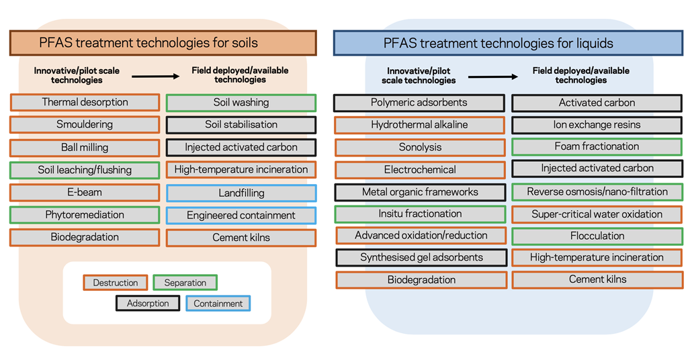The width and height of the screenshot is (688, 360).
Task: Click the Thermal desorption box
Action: [85, 103]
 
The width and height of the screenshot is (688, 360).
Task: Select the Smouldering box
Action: [85, 125]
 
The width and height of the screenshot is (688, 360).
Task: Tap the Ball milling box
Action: [85, 148]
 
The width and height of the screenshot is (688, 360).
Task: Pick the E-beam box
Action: [85, 193]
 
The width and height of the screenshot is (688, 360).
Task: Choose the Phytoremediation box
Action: [85, 215]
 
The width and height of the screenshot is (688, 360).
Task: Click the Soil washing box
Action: [241, 103]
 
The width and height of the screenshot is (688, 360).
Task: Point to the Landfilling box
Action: [241, 193]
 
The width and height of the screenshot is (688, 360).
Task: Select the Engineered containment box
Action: [241, 216]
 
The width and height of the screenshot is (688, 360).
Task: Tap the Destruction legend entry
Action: [116, 283]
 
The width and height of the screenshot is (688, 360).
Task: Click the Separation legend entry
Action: [185, 283]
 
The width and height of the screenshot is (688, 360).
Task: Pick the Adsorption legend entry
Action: [148, 304]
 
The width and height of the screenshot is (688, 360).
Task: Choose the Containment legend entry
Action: [218, 304]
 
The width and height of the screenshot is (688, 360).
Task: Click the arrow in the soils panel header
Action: [155, 76]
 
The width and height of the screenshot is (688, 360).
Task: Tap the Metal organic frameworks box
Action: [420, 192]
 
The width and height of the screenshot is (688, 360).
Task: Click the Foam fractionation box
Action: [597, 146]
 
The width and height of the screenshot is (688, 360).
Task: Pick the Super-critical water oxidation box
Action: [597, 214]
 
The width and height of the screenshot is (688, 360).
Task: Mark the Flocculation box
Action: [597, 236]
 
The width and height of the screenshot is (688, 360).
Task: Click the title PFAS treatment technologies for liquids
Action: [499, 43]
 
